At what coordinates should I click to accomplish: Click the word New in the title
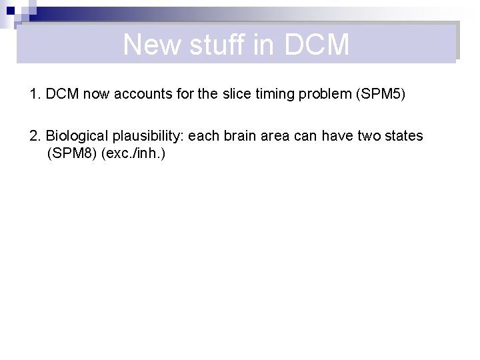pos(152,45)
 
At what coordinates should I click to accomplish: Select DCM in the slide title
pos(316,45)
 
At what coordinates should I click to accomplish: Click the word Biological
pos(76,136)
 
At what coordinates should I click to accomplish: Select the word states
pos(403,136)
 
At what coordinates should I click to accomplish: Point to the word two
pos(367,136)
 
